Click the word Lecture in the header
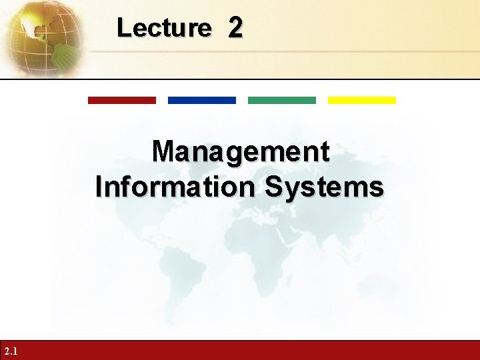[163, 28]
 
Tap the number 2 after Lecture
[235, 28]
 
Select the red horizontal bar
[122, 101]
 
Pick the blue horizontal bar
[202, 101]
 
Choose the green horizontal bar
[282, 101]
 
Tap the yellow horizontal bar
[362, 101]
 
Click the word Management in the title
[240, 153]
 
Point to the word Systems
[325, 187]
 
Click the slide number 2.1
[11, 351]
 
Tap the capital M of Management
[163, 152]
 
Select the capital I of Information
[100, 187]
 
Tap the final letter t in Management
[324, 153]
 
